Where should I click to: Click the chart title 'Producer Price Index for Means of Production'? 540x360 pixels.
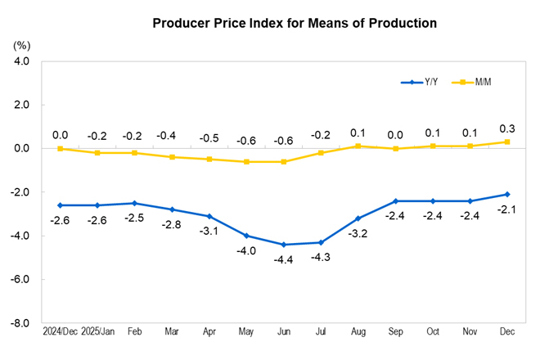(x=295, y=23)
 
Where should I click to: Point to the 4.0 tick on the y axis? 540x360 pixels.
(x=21, y=61)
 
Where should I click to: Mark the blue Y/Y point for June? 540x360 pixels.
(x=284, y=245)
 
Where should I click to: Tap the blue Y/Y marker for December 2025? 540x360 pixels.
(x=508, y=194)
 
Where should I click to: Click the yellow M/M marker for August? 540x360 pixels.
(x=358, y=146)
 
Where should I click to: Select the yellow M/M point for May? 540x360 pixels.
(x=246, y=162)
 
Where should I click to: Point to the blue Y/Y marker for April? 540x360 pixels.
(x=209, y=216)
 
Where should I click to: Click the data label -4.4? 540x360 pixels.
(x=284, y=260)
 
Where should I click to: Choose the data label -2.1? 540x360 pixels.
(x=508, y=209)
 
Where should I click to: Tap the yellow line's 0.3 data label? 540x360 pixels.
(x=508, y=128)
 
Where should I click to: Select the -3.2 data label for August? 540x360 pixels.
(x=358, y=233)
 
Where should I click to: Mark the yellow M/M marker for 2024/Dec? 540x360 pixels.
(x=60, y=149)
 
